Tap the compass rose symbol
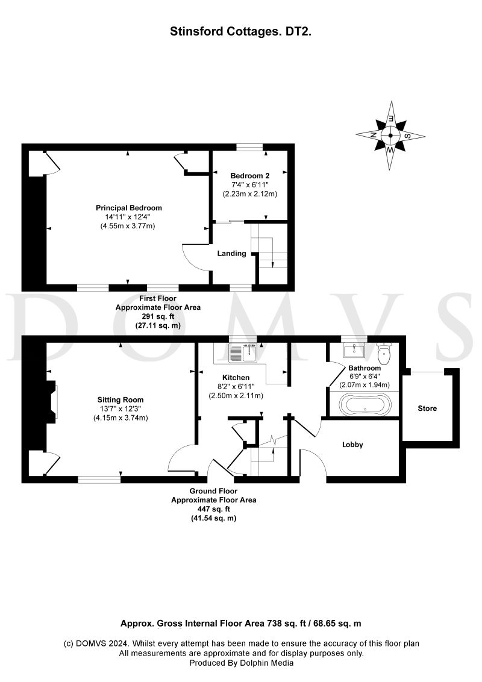pos(390,135)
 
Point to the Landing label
pos(232,254)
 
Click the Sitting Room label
pos(120,399)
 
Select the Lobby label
pos(352,445)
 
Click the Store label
pos(427,408)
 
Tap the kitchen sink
pos(243,353)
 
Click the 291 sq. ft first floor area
pos(158,316)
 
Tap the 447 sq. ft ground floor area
pos(214,509)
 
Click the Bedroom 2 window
pos(249,146)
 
